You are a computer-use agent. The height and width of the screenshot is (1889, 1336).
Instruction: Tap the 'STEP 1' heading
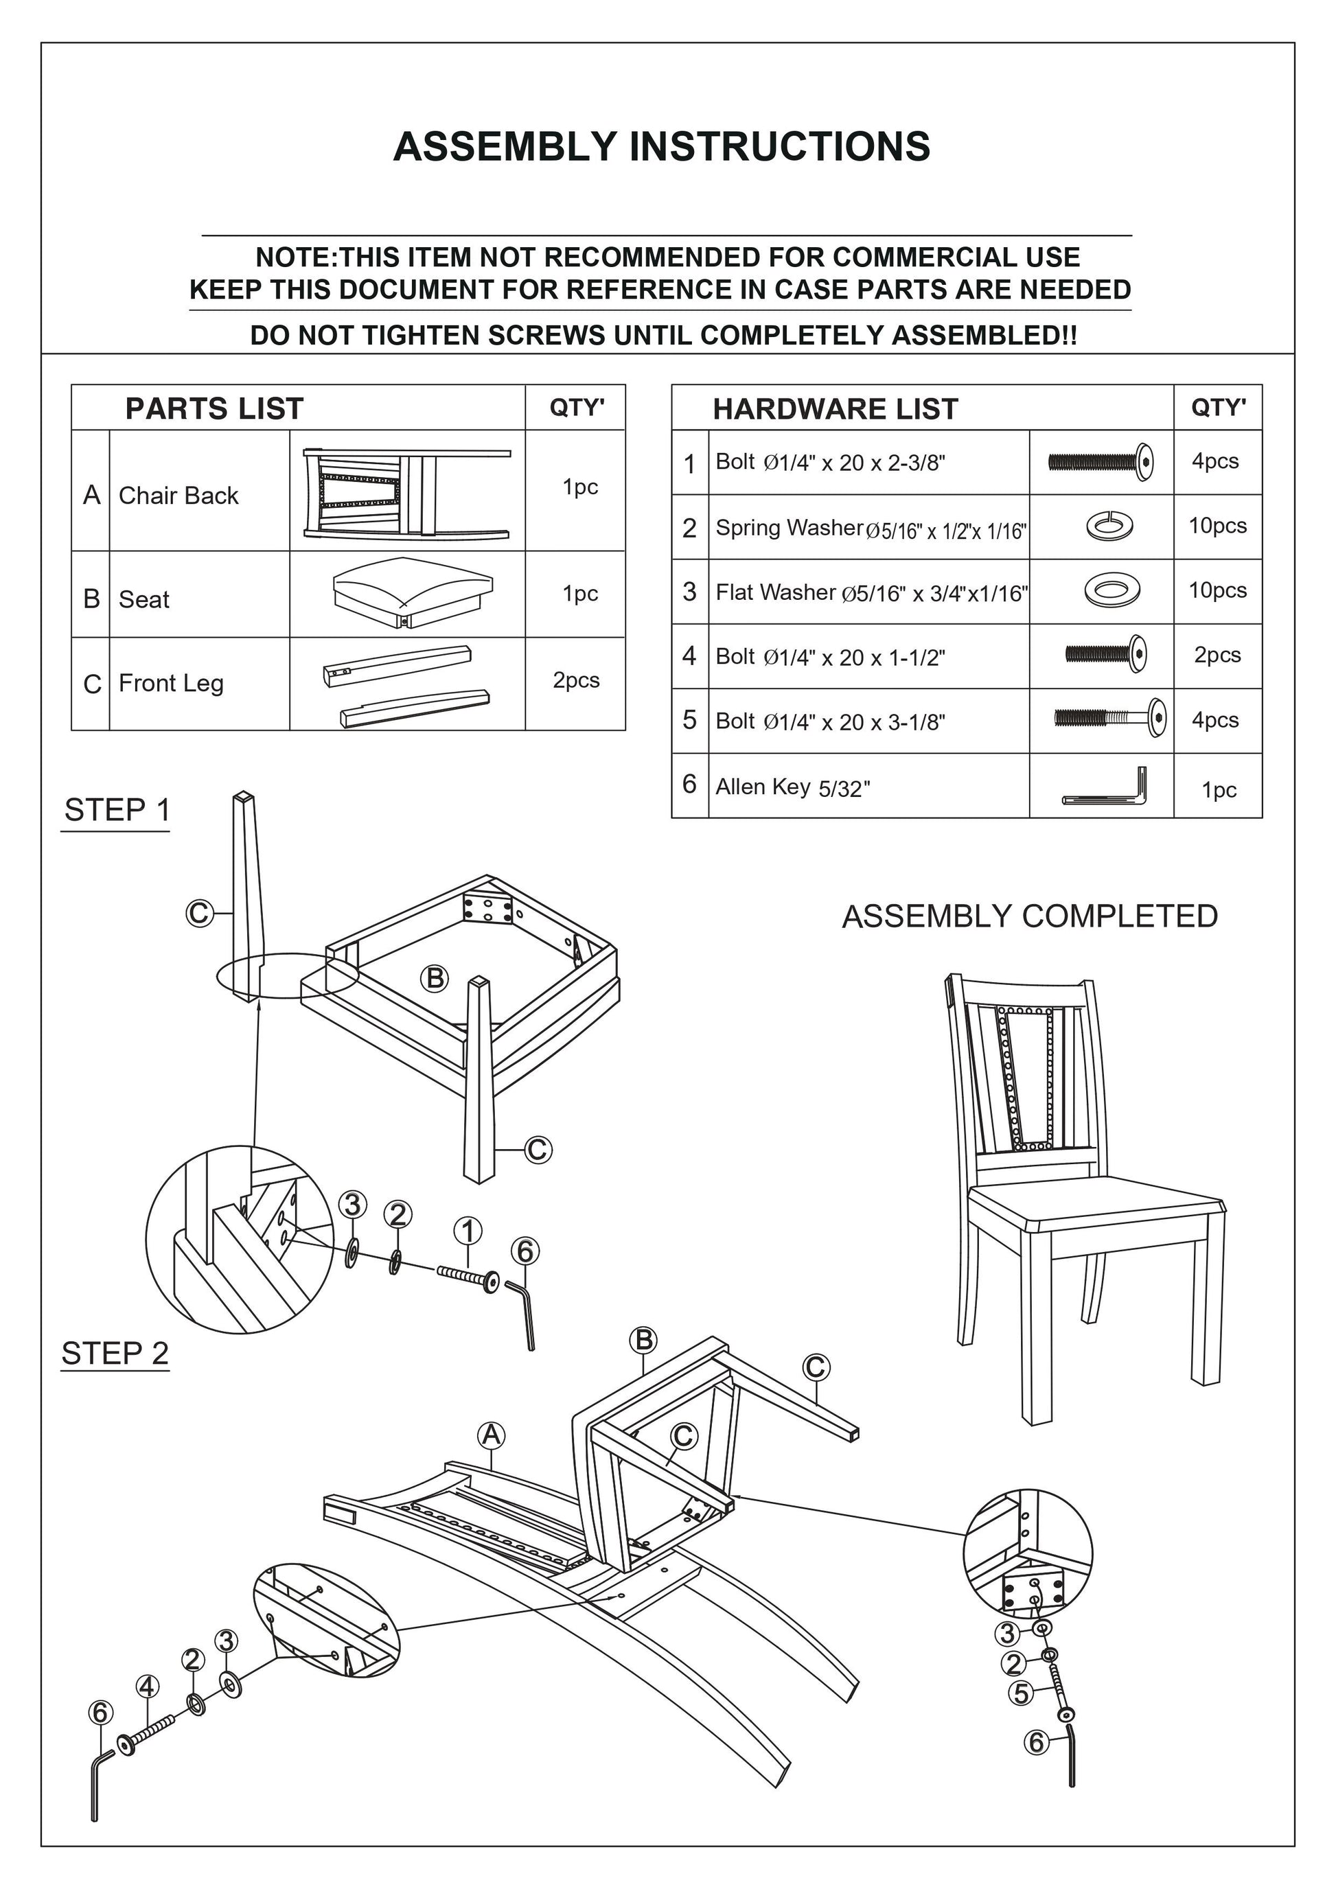[117, 811]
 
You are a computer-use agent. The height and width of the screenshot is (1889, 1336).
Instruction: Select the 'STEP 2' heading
[115, 1354]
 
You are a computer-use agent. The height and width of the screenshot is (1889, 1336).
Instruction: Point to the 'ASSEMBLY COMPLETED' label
[1029, 916]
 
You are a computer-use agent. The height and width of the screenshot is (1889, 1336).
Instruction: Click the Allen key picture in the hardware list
[1105, 787]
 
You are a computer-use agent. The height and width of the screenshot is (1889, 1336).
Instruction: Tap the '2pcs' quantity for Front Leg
[576, 680]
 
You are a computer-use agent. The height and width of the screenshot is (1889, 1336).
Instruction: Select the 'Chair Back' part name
[178, 496]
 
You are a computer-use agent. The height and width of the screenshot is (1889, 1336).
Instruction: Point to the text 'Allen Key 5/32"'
[792, 787]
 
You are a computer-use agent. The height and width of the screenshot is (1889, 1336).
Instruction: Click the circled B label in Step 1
[435, 979]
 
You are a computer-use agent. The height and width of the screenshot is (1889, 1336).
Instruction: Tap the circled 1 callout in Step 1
[468, 1231]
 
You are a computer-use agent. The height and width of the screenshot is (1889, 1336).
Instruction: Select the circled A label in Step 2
[491, 1436]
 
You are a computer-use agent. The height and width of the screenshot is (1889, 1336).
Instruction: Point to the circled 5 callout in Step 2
[1021, 1693]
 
